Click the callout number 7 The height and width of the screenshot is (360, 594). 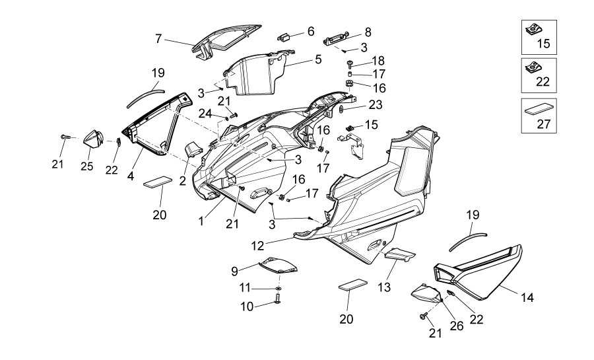click(158, 39)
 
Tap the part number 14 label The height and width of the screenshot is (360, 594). click(527, 298)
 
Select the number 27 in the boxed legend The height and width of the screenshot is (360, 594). click(543, 124)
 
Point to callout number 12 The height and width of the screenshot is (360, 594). click(257, 245)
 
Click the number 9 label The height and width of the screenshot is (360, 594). click(234, 271)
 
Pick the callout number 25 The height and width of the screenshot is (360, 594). click(86, 166)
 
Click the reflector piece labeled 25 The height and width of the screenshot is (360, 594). click(92, 139)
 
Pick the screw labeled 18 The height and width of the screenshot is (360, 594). click(348, 63)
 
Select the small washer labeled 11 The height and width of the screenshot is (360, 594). click(279, 289)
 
